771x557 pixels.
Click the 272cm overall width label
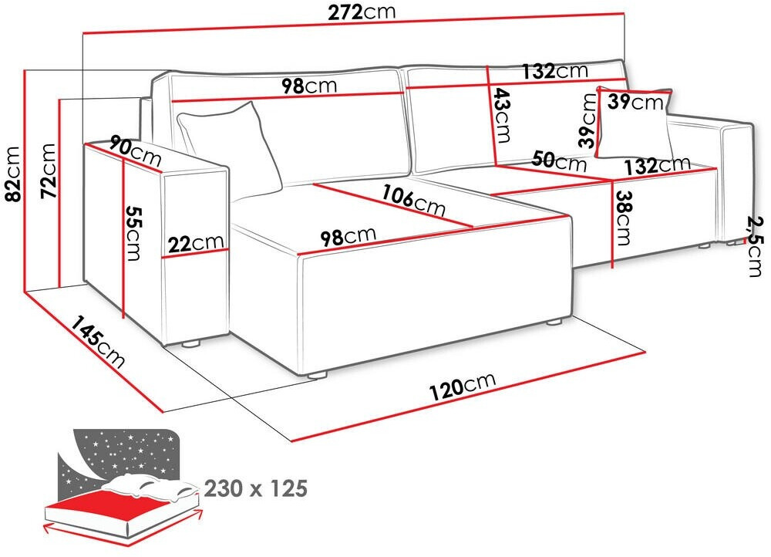pyautogui.click(x=362, y=12)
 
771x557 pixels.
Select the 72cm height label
pyautogui.click(x=49, y=170)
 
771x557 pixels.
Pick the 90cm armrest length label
pyautogui.click(x=136, y=151)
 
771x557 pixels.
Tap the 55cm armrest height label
pyautogui.click(x=133, y=233)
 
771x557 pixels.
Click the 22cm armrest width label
pyautogui.click(x=196, y=242)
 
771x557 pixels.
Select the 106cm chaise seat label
pyautogui.click(x=414, y=200)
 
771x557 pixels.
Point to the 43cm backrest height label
pyautogui.click(x=502, y=115)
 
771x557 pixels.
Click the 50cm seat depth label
pyautogui.click(x=560, y=160)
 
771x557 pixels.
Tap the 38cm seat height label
pyautogui.click(x=622, y=218)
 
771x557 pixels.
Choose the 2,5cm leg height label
pyautogui.click(x=755, y=247)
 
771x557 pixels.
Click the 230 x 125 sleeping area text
pyautogui.click(x=256, y=488)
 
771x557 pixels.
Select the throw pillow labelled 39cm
pyautogui.click(x=635, y=123)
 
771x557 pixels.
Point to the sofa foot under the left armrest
pyautogui.click(x=190, y=344)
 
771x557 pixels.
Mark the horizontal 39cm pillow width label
pyautogui.click(x=635, y=102)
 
